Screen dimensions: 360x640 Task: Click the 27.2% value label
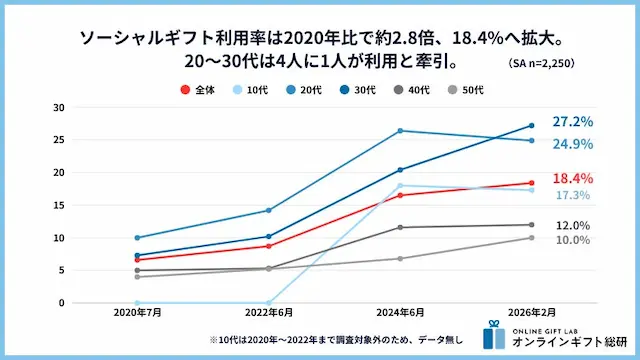tap(573, 122)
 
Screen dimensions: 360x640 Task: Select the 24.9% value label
tap(573, 144)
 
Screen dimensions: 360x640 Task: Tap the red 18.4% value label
tap(573, 177)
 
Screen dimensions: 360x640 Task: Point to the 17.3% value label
tap(573, 195)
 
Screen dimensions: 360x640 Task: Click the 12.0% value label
tap(573, 226)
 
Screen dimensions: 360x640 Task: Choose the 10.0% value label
tap(573, 241)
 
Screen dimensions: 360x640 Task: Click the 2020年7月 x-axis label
tap(137, 314)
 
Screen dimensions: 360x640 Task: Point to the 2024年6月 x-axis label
tap(400, 314)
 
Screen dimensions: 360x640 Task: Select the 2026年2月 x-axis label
tap(531, 314)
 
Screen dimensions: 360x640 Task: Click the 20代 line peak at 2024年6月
tap(400, 131)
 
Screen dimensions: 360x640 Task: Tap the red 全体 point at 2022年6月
tap(269, 246)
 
